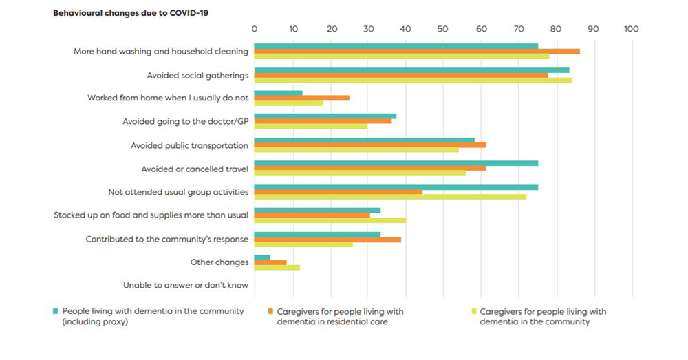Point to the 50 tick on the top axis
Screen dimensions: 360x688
point(443,29)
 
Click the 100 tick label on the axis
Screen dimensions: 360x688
point(631,29)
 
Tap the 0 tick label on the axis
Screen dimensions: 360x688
point(255,29)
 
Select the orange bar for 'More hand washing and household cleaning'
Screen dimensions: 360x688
point(417,52)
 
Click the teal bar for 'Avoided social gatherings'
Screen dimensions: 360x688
point(411,70)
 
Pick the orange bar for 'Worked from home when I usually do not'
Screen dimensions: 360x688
point(302,98)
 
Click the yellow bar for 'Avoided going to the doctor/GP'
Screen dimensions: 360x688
point(311,127)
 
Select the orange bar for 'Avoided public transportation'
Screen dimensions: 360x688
point(370,145)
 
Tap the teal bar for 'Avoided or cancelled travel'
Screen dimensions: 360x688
point(396,163)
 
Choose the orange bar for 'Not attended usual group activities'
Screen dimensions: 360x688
point(338,192)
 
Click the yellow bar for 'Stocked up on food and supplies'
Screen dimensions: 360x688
point(330,220)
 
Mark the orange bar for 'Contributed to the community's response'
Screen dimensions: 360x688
point(327,239)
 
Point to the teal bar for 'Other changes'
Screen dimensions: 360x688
point(262,257)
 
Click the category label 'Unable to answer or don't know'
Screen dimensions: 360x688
point(186,285)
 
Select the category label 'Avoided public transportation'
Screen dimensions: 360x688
point(189,145)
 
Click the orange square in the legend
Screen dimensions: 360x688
point(271,311)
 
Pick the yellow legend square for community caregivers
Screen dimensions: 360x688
point(473,311)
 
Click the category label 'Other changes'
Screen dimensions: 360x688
point(219,262)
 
